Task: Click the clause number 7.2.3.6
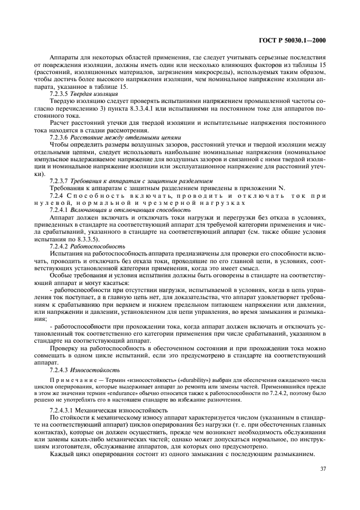click(x=60, y=137)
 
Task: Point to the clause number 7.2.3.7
click(x=60, y=180)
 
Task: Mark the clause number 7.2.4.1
click(x=60, y=209)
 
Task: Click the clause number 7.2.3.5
click(x=60, y=94)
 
